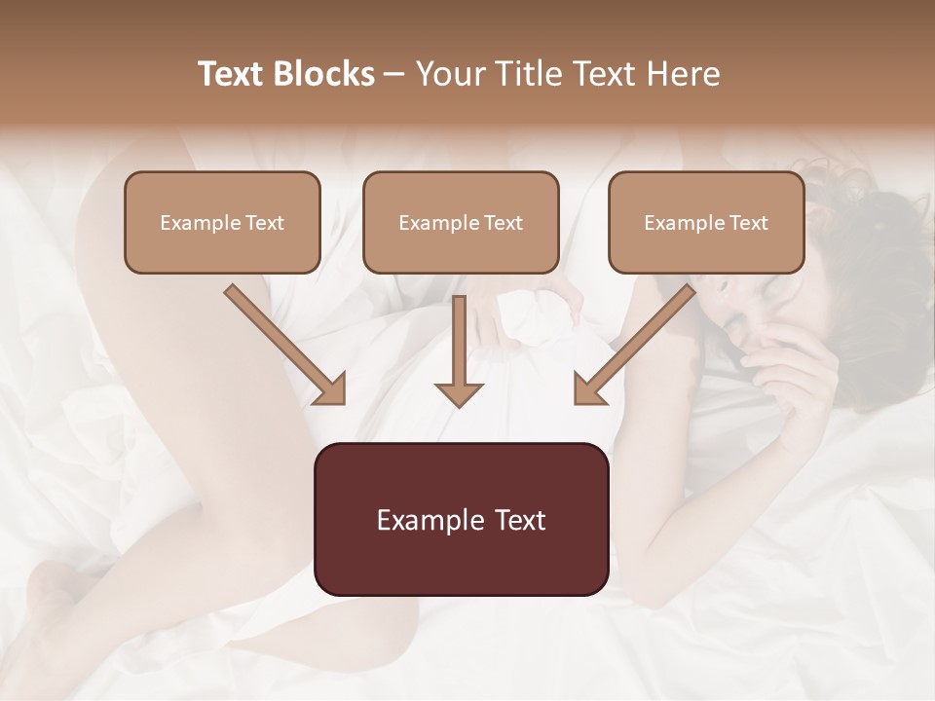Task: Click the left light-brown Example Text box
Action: click(x=222, y=222)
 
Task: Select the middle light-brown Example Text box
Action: click(x=461, y=222)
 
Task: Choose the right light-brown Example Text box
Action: click(x=706, y=222)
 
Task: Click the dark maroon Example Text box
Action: click(x=461, y=519)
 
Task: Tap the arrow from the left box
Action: click(x=282, y=343)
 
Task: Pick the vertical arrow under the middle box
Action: click(x=459, y=346)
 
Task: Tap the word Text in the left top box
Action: click(x=263, y=223)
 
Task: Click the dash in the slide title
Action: click(x=394, y=74)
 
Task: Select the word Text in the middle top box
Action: click(x=503, y=223)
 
